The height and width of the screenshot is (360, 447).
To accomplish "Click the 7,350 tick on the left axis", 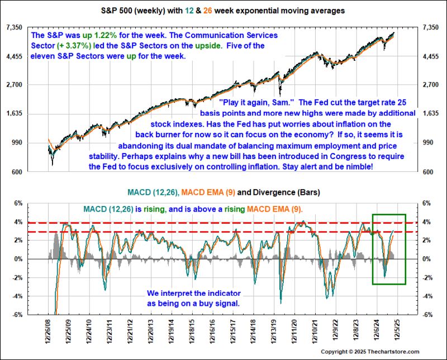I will point(14,27).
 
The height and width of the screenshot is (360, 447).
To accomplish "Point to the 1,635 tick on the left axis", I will point(14,114).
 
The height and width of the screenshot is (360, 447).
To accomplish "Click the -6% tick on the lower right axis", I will point(430,314).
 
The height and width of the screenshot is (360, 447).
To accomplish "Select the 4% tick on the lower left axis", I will point(17,222).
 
